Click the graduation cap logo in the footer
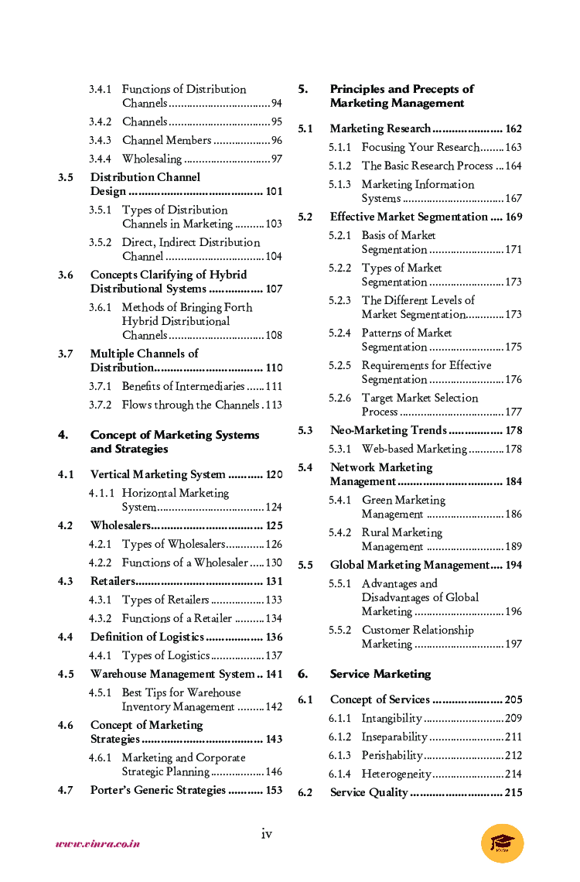pyautogui.click(x=502, y=843)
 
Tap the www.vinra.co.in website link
pyautogui.click(x=97, y=843)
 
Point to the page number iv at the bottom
pyautogui.click(x=266, y=833)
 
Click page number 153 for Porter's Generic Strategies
pyautogui.click(x=274, y=790)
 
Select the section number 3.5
pyautogui.click(x=66, y=177)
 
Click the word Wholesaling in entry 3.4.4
pyautogui.click(x=152, y=159)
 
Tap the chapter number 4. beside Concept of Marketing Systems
pyautogui.click(x=63, y=435)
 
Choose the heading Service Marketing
pyautogui.click(x=380, y=674)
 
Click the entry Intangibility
pyautogui.click(x=391, y=718)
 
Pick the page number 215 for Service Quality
pyautogui.click(x=513, y=792)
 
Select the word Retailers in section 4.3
pyautogui.click(x=113, y=581)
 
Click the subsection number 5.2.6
pyautogui.click(x=339, y=398)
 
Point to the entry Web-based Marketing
pyautogui.click(x=414, y=449)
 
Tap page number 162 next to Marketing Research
pyautogui.click(x=513, y=128)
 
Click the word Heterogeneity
pyautogui.click(x=396, y=774)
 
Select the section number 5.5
pyautogui.click(x=305, y=565)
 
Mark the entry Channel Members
pyautogui.click(x=166, y=140)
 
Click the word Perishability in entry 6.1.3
pyautogui.click(x=392, y=755)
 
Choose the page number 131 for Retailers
pyautogui.click(x=274, y=581)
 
